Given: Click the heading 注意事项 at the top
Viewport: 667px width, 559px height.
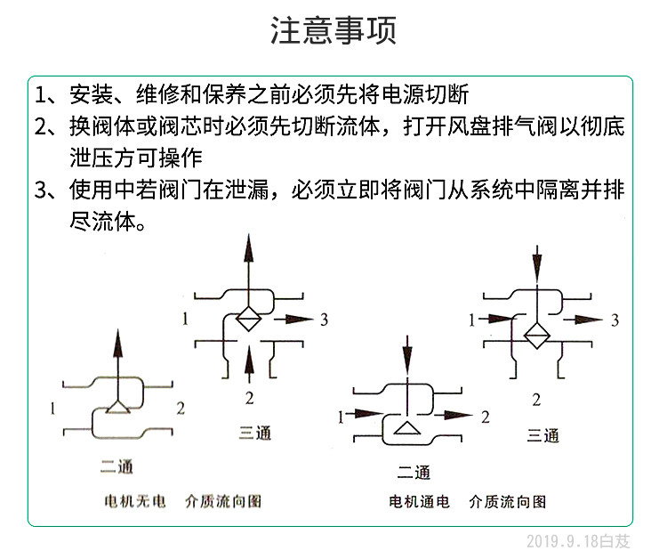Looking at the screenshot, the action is [x=333, y=30].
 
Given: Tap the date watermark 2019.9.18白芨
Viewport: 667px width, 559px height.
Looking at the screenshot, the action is [x=578, y=541].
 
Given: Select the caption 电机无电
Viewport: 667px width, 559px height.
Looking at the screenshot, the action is [x=135, y=501].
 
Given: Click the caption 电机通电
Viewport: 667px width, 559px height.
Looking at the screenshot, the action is [x=419, y=501].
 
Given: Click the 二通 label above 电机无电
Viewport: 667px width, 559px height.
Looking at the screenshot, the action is [x=117, y=466].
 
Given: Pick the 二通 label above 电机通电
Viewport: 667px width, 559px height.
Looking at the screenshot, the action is [x=414, y=472].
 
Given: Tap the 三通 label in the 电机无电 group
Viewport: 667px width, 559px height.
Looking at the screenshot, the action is [x=255, y=433].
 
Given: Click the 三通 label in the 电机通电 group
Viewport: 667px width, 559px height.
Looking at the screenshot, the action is [x=542, y=435].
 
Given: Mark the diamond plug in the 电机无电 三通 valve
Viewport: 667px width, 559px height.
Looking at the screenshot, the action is [x=248, y=319].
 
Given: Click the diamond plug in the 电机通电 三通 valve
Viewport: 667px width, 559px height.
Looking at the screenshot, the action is [x=537, y=336].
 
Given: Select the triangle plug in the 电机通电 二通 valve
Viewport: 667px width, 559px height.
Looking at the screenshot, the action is [x=407, y=428].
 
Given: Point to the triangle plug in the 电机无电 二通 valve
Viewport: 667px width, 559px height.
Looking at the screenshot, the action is [x=117, y=408].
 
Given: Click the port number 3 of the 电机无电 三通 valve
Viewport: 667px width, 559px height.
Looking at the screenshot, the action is [x=324, y=320].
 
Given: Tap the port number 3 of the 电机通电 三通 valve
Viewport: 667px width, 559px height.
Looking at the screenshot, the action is [x=615, y=320].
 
